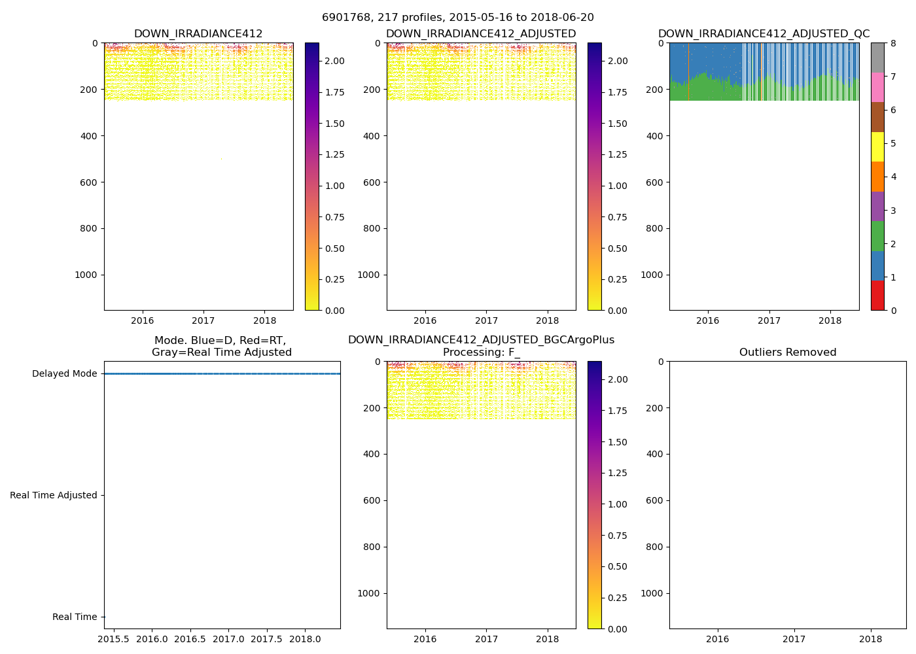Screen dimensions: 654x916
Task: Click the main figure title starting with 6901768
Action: (x=457, y=18)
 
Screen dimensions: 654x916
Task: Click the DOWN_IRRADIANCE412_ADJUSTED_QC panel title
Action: (x=764, y=34)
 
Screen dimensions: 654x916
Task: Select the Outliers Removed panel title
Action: (x=787, y=353)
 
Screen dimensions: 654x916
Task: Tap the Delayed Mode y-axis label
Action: (x=64, y=374)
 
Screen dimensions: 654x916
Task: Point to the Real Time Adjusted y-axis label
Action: (x=53, y=496)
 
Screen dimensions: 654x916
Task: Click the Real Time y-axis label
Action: (x=74, y=617)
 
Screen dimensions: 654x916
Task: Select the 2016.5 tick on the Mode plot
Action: (x=190, y=638)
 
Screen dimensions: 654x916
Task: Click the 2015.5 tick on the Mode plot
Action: (x=113, y=638)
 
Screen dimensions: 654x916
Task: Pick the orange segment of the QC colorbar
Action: (x=877, y=177)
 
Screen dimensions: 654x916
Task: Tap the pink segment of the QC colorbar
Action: (x=877, y=87)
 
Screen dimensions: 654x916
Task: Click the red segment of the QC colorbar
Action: (x=877, y=296)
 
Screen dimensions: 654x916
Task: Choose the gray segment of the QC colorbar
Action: (x=877, y=58)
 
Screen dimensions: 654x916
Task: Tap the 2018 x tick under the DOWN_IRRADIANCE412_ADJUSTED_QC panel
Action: (x=830, y=320)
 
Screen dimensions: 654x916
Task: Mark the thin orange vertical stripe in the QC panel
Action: (x=688, y=72)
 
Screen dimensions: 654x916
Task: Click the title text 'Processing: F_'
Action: (x=481, y=353)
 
